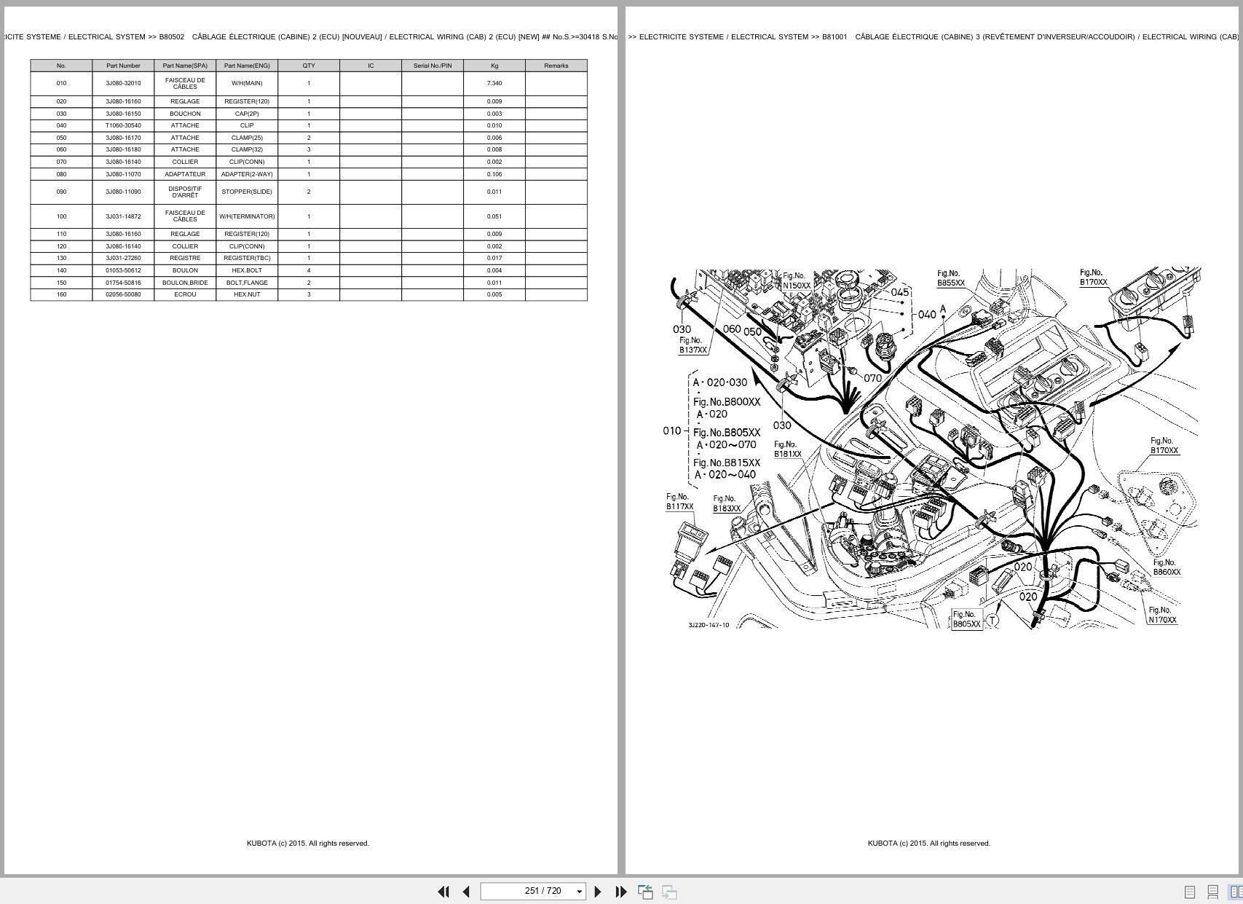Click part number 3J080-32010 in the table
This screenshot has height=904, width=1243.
pyautogui.click(x=123, y=83)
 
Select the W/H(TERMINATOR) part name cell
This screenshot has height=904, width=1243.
pyautogui.click(x=247, y=216)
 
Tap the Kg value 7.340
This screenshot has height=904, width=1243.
pyautogui.click(x=494, y=83)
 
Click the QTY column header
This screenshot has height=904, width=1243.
pyautogui.click(x=309, y=66)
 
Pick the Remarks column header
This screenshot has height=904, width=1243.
pyautogui.click(x=556, y=66)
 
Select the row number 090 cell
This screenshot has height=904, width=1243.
pyautogui.click(x=61, y=192)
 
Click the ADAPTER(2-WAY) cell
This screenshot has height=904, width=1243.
pyautogui.click(x=247, y=174)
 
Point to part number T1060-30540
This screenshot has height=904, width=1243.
pyautogui.click(x=123, y=125)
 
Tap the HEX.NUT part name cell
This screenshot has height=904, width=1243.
pyautogui.click(x=247, y=294)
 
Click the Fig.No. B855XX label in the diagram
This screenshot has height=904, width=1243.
pyautogui.click(x=950, y=278)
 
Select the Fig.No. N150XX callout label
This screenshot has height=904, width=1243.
pyautogui.click(x=796, y=281)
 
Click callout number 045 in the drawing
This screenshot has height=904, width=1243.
pyautogui.click(x=900, y=292)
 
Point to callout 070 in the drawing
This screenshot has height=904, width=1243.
pyautogui.click(x=872, y=378)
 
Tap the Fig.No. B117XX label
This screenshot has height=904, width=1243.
pyautogui.click(x=679, y=502)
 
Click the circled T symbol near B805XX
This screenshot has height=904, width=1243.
pyautogui.click(x=992, y=621)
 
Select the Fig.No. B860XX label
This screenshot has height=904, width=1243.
pyautogui.click(x=1166, y=567)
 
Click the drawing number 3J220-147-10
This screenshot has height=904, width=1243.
pyautogui.click(x=709, y=625)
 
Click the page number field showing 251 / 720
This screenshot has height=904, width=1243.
pyautogui.click(x=542, y=891)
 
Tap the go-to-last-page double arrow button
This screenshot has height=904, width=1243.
pyautogui.click(x=621, y=892)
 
